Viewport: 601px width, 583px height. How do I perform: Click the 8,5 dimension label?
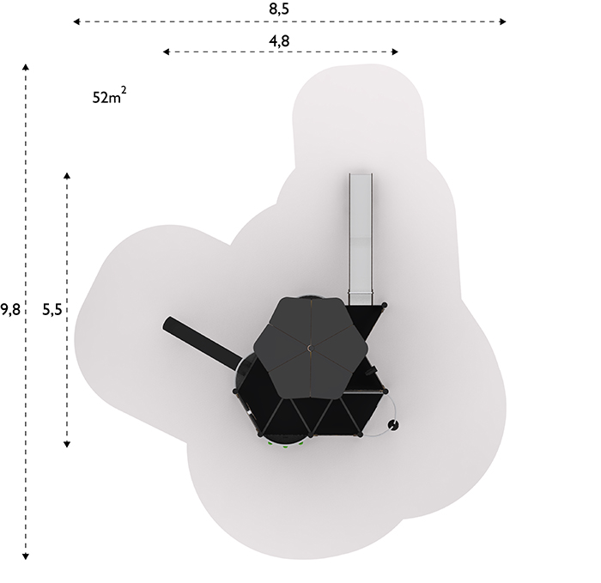(279, 9)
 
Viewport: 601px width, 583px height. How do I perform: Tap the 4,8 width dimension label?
(279, 40)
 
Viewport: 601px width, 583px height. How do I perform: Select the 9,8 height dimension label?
(10, 309)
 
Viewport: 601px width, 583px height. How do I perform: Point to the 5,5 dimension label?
(52, 309)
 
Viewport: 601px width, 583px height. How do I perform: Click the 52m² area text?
(109, 96)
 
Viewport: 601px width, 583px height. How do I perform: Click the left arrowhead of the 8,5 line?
(76, 21)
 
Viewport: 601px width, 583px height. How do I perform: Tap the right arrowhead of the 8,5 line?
(503, 21)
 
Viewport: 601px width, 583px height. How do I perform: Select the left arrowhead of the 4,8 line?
(167, 52)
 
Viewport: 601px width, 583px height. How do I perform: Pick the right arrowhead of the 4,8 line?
(395, 52)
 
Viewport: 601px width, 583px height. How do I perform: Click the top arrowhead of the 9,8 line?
(26, 68)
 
